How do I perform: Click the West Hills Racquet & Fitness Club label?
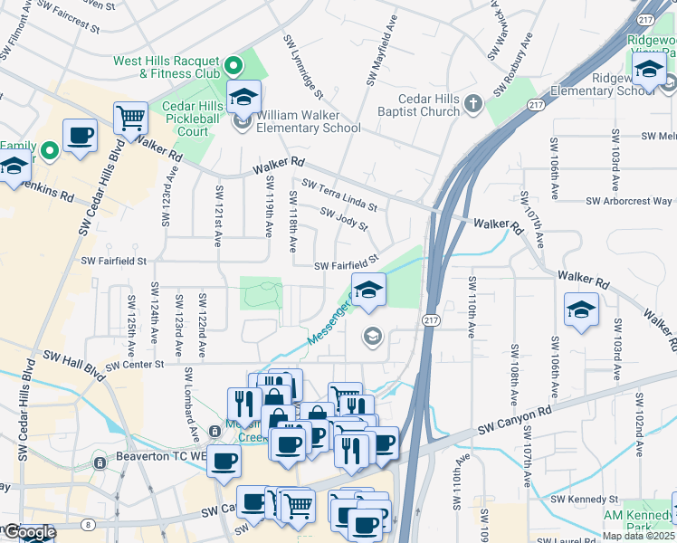(167, 67)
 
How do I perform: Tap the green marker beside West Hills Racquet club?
(234, 65)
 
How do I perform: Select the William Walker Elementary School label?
(310, 121)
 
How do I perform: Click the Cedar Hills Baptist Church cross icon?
(472, 105)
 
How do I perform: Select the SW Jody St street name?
(345, 218)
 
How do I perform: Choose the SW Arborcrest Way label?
(629, 201)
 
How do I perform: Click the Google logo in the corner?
(29, 533)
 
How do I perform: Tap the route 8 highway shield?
(87, 524)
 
